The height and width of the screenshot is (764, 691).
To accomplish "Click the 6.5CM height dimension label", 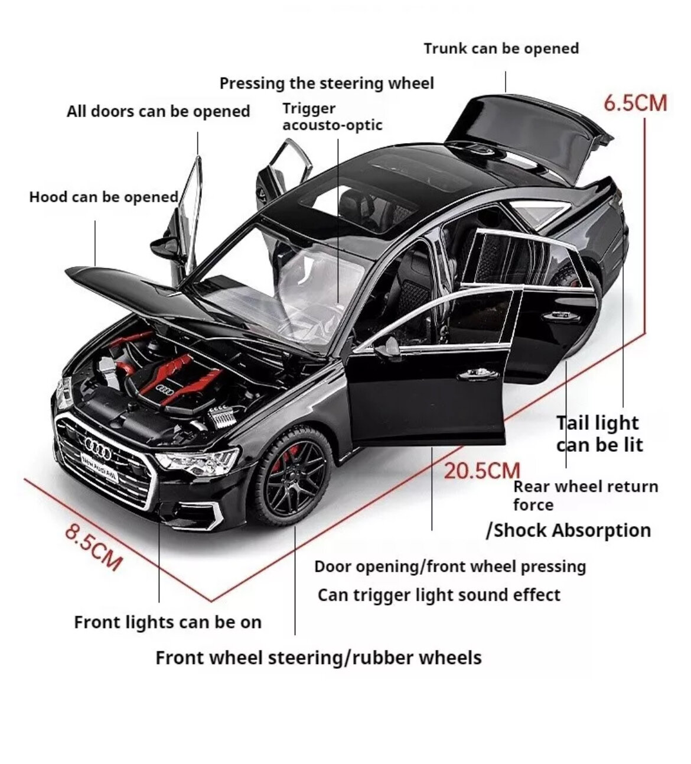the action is pos(635,103).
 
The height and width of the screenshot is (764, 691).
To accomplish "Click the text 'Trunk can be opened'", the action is pos(501,48).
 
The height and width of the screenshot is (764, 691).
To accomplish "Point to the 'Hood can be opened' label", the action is pos(103,196).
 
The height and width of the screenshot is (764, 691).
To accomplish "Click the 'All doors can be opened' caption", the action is pos(158,111).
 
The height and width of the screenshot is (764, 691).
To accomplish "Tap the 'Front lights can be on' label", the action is pos(167,622).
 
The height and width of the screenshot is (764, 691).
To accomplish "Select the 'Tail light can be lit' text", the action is pos(598,433).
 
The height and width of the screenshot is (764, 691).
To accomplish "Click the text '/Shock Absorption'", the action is pos(568,530).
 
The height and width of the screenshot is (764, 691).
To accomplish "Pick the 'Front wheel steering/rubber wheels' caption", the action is pos(318,658).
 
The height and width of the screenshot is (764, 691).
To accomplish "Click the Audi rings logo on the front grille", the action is pos(97,446).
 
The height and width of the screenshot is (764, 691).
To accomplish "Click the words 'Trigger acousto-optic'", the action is pos(331,116).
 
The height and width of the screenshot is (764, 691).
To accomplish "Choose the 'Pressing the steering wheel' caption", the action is pos(327,83).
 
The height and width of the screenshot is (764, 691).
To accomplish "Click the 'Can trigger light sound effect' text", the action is pos(439,594).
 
